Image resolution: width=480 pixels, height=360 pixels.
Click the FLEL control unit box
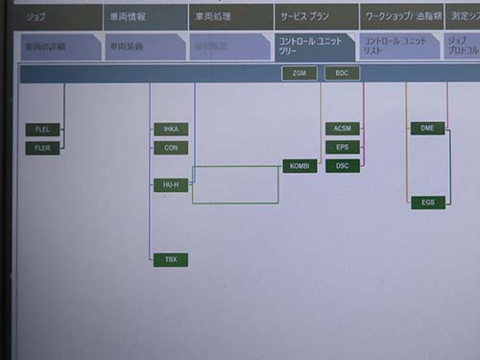(42, 129)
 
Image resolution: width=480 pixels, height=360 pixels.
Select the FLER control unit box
(42, 148)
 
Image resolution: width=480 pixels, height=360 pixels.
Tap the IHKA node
(171, 129)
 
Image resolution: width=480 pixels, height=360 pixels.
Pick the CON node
(171, 148)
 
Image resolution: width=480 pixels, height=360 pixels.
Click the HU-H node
(171, 184)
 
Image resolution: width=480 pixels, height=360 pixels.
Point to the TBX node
(171, 259)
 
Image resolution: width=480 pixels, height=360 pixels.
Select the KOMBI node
(300, 166)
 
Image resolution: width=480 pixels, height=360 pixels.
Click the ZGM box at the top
(299, 73)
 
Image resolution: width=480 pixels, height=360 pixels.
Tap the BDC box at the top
(342, 73)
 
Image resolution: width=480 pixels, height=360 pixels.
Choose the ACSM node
(343, 129)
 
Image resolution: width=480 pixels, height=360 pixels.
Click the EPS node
(343, 147)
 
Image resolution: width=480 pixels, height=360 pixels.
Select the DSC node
(343, 165)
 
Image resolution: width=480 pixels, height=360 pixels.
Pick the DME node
(427, 129)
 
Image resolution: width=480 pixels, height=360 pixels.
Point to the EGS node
(427, 203)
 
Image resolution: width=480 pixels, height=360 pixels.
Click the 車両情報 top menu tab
(144, 16)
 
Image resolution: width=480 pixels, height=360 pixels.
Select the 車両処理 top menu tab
(230, 16)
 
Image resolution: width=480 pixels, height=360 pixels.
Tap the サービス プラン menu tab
(315, 16)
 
